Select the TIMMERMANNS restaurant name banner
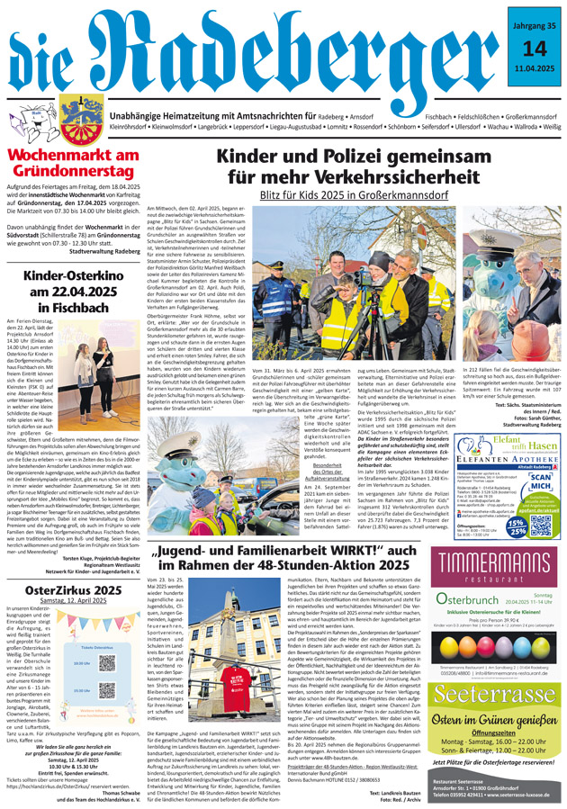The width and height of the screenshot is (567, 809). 490,561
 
